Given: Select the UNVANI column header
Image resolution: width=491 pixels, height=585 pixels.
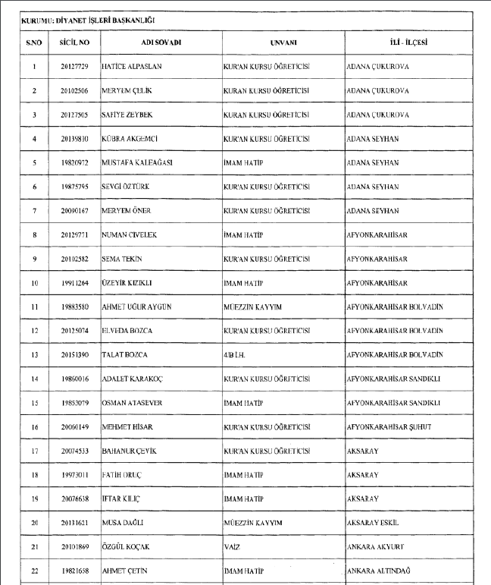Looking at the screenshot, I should click(x=282, y=43).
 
